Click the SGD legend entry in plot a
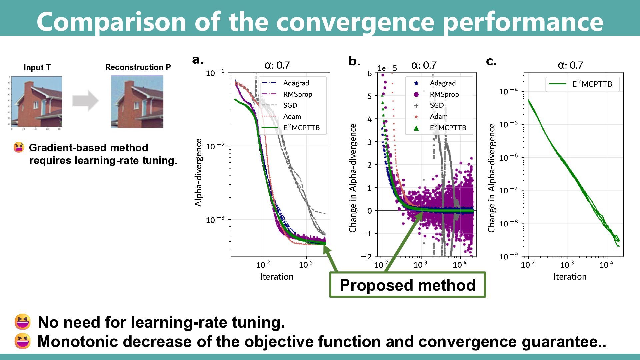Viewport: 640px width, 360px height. coord(290,105)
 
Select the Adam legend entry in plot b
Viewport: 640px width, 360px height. coord(438,116)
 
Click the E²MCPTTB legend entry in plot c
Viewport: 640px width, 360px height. coord(592,84)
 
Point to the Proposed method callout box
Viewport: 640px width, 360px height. coord(407,285)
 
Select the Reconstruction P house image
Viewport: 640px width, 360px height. coord(137,102)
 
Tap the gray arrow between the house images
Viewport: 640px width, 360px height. coord(86,100)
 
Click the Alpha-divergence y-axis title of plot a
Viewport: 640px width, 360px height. coord(198,172)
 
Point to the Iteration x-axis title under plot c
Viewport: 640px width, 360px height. coord(570,277)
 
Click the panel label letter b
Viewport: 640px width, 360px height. coord(353,61)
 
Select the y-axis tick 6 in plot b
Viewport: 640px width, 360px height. coord(369,73)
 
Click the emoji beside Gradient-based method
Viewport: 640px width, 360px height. coord(19,147)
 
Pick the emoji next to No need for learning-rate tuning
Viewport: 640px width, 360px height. coord(22,322)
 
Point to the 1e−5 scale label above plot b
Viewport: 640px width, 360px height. coord(387,68)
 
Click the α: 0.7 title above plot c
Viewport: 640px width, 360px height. coord(570,65)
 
